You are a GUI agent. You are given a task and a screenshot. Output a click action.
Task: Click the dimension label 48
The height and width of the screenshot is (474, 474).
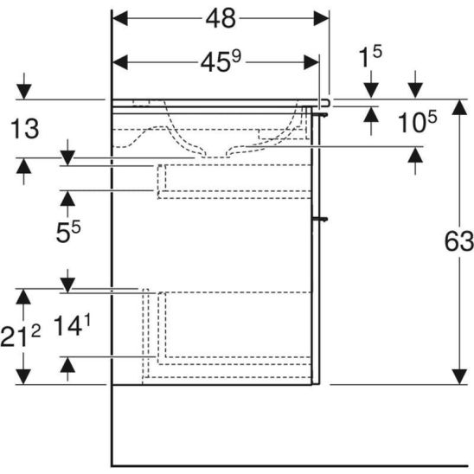[221, 19]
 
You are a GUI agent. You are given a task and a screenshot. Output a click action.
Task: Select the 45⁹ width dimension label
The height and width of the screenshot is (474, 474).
[221, 61]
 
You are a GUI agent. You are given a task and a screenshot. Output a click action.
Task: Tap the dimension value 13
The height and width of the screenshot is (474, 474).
[25, 129]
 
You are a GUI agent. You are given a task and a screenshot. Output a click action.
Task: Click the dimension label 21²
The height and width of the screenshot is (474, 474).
[20, 336]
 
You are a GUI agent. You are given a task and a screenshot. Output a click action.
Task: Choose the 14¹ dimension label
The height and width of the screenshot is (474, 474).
[72, 325]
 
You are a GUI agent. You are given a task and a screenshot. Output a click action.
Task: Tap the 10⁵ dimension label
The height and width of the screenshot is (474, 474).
[417, 121]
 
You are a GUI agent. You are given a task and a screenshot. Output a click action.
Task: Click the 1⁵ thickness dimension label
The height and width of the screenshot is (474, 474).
[370, 56]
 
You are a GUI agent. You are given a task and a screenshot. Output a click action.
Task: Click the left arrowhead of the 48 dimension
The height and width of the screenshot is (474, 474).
[119, 18]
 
